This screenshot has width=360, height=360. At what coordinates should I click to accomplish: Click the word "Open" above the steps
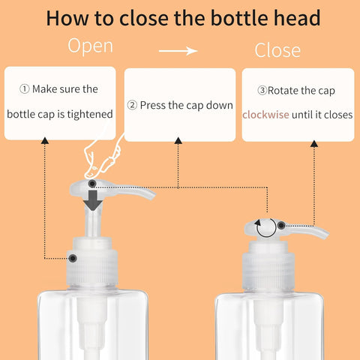point(91,46)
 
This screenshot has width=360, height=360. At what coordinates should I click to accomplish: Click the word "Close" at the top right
point(277,50)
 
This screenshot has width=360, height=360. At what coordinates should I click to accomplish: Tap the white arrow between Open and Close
point(179,51)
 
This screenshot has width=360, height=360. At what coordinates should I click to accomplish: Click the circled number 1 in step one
point(25,89)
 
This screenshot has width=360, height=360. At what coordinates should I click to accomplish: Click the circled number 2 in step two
point(132,106)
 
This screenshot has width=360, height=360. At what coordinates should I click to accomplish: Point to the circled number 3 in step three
point(262,90)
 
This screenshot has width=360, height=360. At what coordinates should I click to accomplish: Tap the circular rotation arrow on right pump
point(264,226)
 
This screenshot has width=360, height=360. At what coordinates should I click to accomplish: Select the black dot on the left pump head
point(91,184)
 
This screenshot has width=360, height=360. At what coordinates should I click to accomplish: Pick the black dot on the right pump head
point(281,224)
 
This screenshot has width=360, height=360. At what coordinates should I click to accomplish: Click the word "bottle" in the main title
point(231,18)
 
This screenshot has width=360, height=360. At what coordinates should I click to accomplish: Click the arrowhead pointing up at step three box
point(314,142)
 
